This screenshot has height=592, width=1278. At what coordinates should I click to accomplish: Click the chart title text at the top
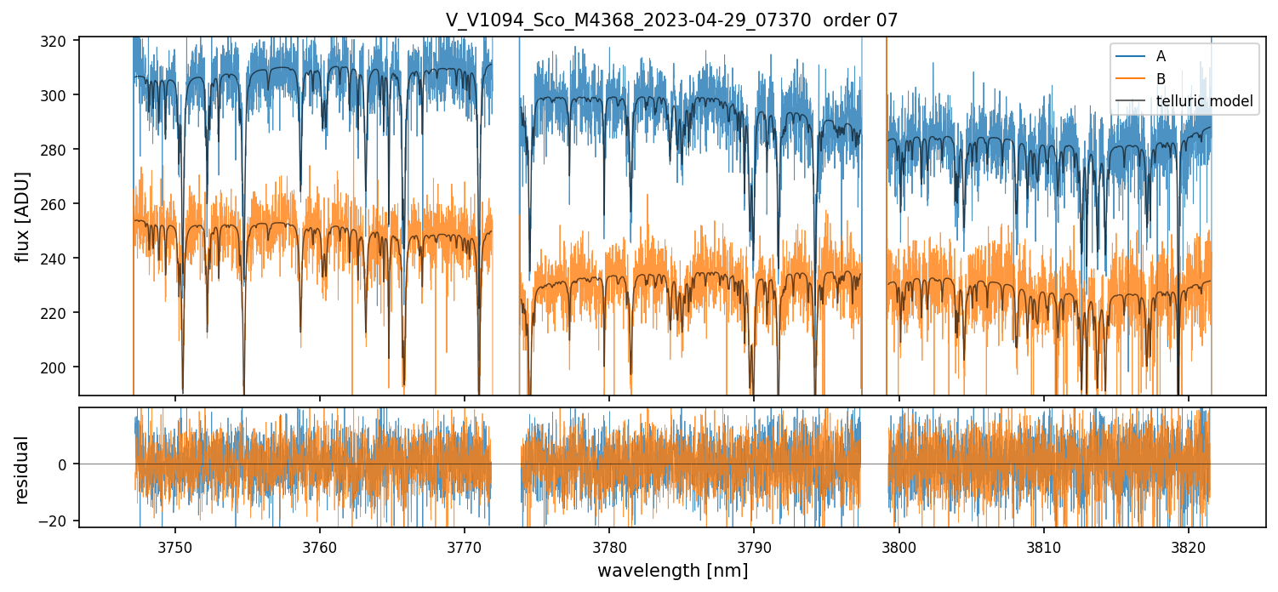[x=671, y=20]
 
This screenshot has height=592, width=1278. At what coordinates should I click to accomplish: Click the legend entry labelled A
[x=1161, y=57]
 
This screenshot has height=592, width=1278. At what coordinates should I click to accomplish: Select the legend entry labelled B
[x=1161, y=79]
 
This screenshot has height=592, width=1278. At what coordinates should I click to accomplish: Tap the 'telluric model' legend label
[x=1204, y=102]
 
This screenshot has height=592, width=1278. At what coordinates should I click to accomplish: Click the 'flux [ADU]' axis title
[x=23, y=217]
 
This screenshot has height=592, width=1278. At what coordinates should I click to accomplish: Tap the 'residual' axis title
[x=23, y=469]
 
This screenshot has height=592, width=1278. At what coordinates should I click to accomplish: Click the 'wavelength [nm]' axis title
[x=672, y=571]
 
